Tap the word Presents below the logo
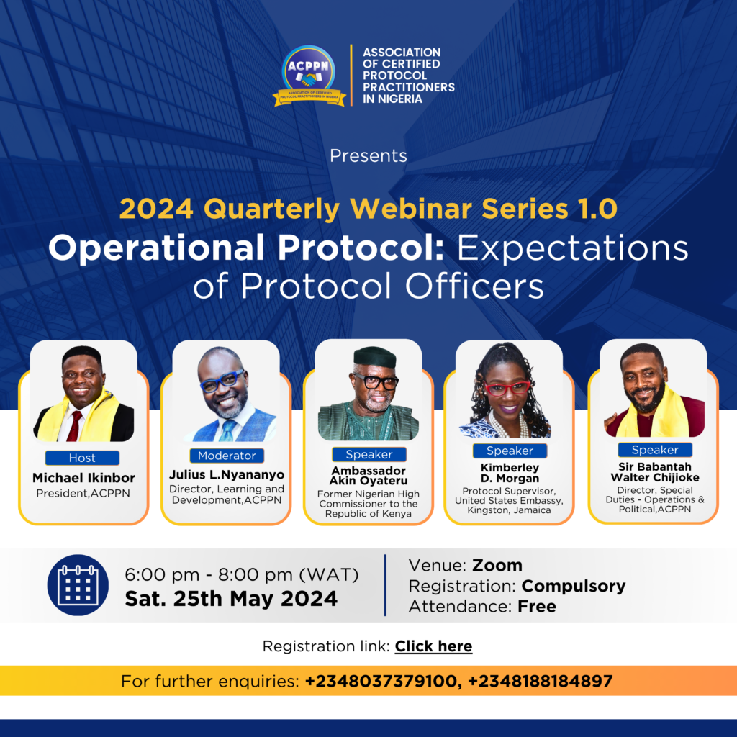click(x=368, y=155)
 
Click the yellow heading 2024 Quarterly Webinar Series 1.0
click(x=368, y=209)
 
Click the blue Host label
click(x=82, y=458)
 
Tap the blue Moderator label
click(x=227, y=456)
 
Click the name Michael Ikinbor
click(x=83, y=478)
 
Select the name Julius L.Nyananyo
click(x=227, y=475)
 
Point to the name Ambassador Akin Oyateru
click(x=368, y=476)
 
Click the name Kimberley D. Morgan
click(x=510, y=473)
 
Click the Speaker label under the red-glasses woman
click(x=510, y=451)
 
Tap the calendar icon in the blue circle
click(x=78, y=585)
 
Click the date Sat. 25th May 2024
click(x=231, y=599)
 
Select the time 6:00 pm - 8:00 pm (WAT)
click(x=242, y=575)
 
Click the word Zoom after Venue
click(x=497, y=565)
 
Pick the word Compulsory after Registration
click(x=574, y=586)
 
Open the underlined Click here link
click(x=433, y=646)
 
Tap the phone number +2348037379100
click(x=380, y=681)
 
